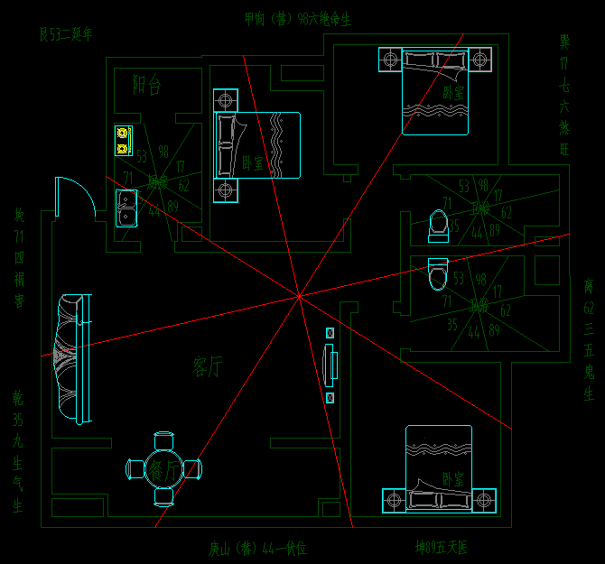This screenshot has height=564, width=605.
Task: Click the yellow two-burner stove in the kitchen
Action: click(124, 142)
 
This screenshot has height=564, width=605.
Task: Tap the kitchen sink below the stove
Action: click(126, 207)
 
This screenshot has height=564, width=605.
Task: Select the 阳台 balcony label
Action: click(146, 86)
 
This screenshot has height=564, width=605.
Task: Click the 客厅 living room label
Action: click(208, 366)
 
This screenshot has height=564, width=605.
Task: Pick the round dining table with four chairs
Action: click(163, 468)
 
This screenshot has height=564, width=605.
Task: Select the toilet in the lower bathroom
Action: click(437, 274)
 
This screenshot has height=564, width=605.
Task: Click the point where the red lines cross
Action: click(298, 294)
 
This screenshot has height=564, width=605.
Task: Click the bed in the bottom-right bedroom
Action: click(439, 469)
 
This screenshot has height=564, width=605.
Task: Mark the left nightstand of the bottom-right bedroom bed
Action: click(394, 500)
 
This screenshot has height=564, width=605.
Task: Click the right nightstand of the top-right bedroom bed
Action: click(481, 60)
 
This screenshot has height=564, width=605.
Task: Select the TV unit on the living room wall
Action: click(330, 365)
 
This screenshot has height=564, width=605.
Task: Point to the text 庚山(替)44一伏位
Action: click(258, 548)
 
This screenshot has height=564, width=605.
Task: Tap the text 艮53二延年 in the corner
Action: click(66, 35)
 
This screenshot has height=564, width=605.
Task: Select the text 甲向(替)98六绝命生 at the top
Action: click(298, 19)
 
